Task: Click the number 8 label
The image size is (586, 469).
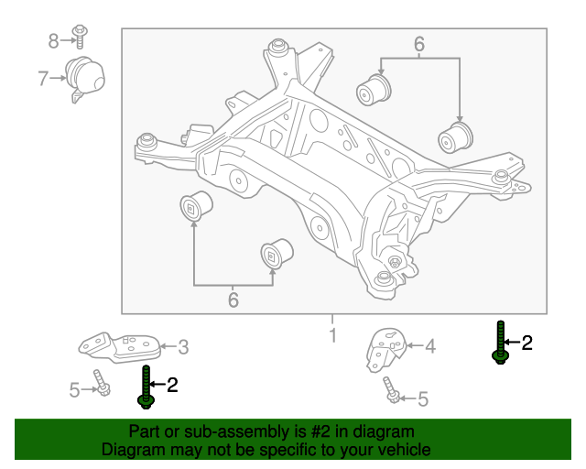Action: (53, 40)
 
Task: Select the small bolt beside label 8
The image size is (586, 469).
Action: (80, 36)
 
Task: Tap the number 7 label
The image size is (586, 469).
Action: (43, 79)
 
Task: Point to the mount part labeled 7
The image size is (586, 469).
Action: (84, 79)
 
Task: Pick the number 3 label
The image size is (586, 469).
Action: (183, 346)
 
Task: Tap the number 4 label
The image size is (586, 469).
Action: (430, 346)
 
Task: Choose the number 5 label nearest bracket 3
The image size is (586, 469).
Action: (75, 390)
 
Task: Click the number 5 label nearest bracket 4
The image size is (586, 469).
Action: (422, 398)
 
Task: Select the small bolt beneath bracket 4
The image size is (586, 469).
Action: (392, 389)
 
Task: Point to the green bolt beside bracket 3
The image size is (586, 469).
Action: (146, 386)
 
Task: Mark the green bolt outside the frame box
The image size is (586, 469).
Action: (500, 343)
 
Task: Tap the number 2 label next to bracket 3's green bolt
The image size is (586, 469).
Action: (171, 386)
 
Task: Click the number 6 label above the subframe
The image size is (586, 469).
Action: (419, 44)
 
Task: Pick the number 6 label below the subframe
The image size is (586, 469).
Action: (233, 300)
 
